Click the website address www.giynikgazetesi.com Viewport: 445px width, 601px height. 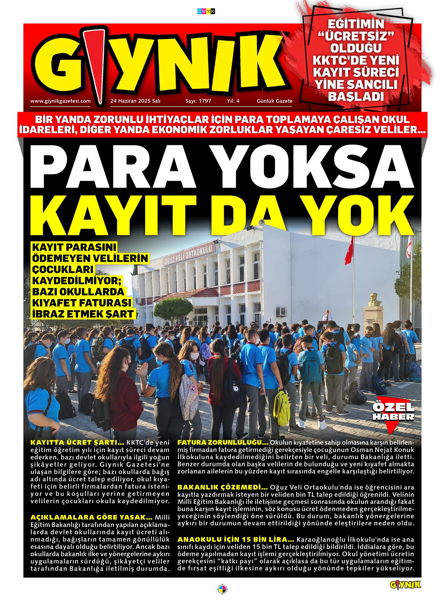[x=60, y=101]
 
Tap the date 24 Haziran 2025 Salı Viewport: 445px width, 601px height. [x=135, y=101]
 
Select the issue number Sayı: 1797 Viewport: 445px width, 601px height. [x=198, y=101]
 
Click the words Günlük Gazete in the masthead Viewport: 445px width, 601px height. [x=274, y=101]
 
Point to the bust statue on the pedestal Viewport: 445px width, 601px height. [x=373, y=299]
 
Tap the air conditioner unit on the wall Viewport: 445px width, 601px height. [x=282, y=311]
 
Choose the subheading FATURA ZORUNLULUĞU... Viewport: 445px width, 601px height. [x=223, y=442]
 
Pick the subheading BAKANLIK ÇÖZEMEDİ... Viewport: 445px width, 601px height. [x=222, y=487]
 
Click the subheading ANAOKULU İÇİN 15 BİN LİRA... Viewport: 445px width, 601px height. [x=236, y=539]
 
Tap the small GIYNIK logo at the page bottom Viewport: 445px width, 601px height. [x=405, y=585]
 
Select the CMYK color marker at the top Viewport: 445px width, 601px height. [x=206, y=11]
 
